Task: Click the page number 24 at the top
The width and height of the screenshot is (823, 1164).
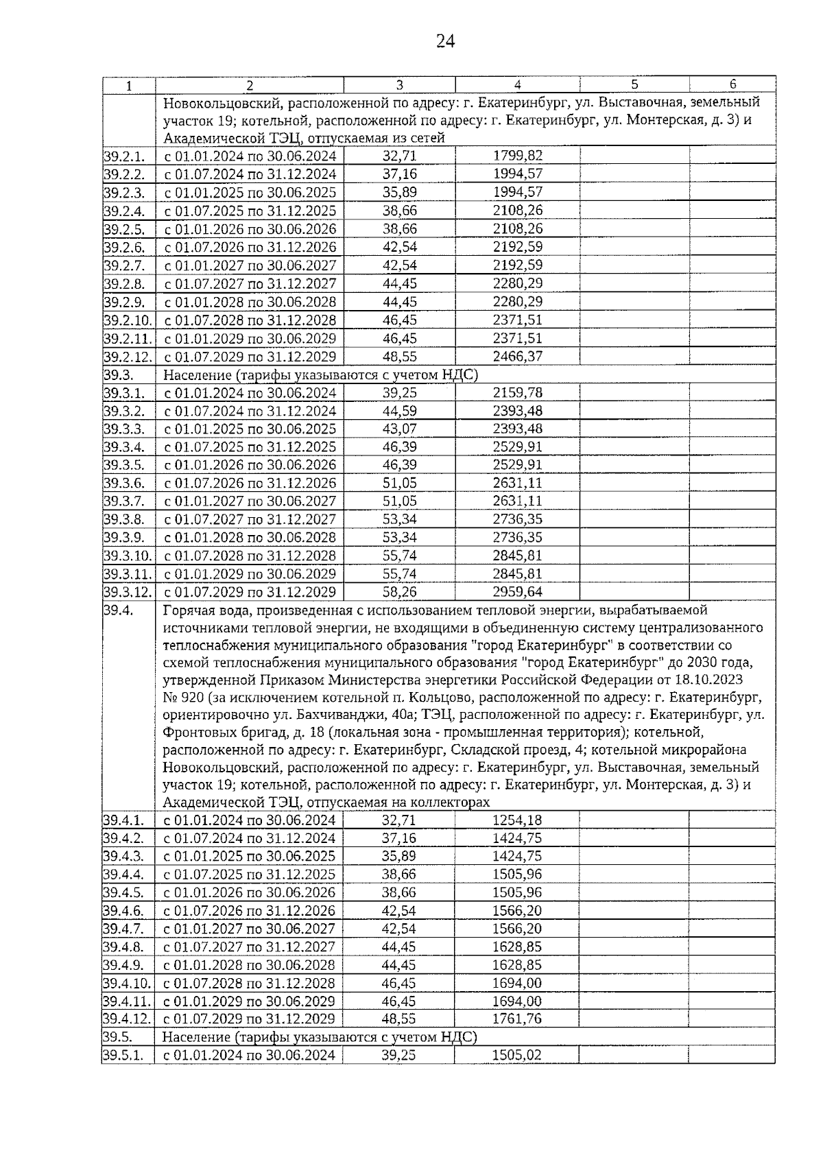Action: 445,42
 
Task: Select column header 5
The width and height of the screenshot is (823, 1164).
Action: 634,84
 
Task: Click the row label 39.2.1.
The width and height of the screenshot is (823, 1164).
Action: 124,156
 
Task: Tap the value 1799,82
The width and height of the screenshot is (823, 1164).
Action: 517,156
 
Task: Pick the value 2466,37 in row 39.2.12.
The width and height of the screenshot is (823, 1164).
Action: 517,357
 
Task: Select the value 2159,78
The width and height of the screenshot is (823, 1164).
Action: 517,393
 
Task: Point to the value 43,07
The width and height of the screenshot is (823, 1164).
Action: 399,429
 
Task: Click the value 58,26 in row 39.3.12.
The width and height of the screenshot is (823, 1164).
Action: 399,591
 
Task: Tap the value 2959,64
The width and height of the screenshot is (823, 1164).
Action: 517,591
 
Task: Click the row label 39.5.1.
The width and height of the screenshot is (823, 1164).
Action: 124,1055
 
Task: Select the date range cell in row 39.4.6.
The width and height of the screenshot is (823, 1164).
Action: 250,910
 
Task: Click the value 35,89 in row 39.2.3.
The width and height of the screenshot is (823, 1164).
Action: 399,192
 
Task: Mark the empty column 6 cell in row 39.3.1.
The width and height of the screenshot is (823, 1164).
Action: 732,393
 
